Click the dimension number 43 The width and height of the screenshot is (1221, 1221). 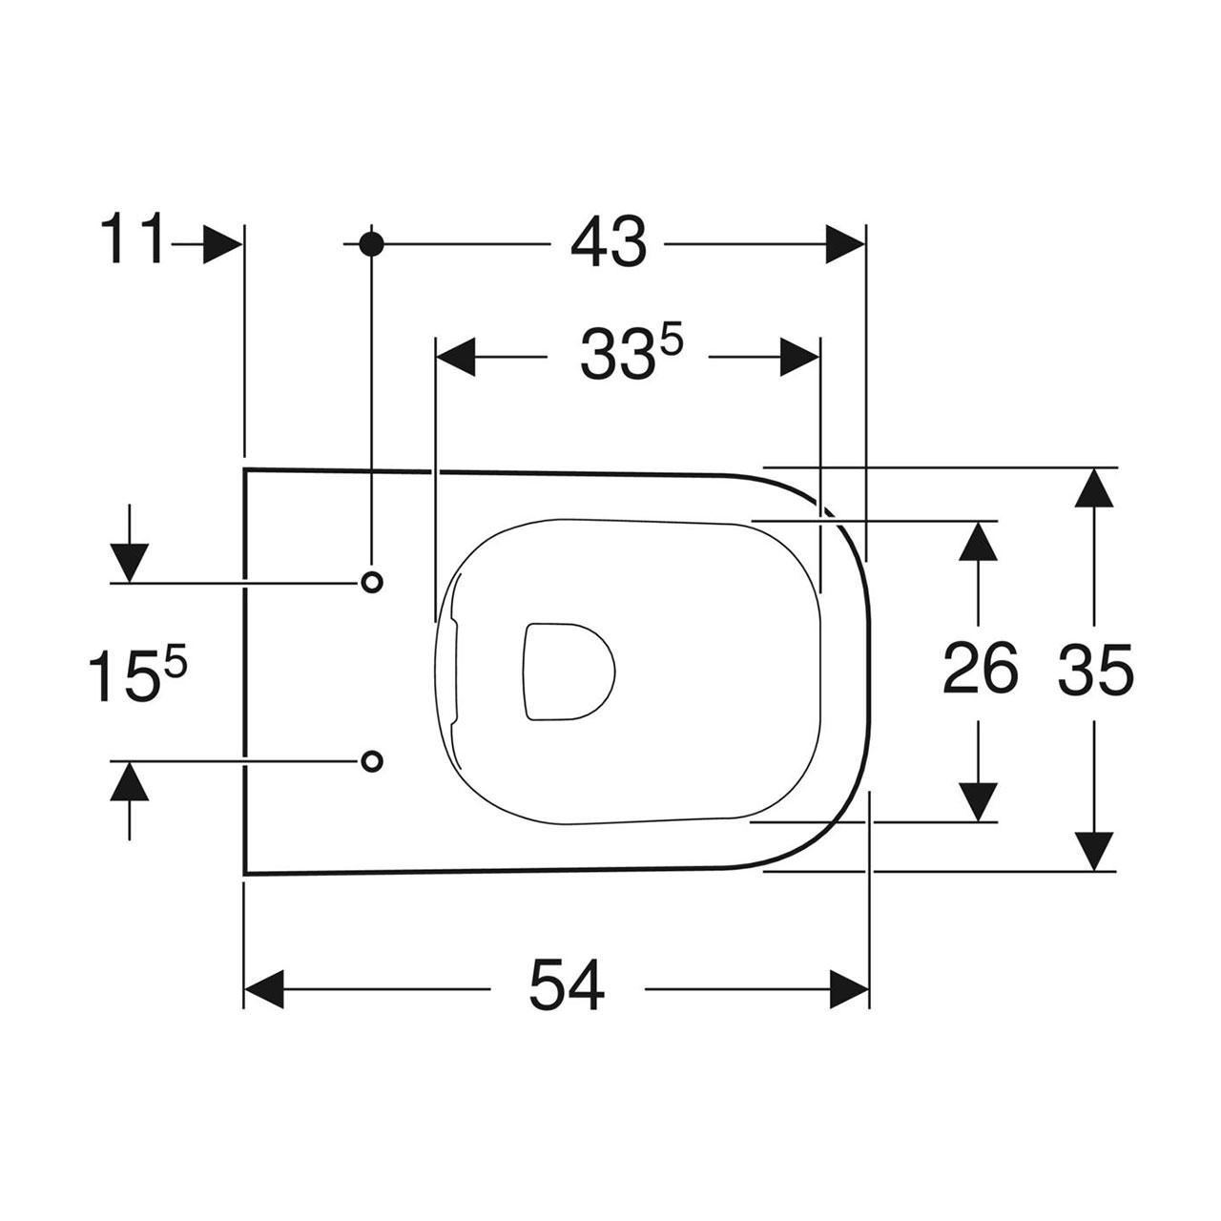click(x=609, y=243)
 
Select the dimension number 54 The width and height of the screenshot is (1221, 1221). click(x=567, y=988)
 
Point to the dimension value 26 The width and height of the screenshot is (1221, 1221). click(x=980, y=666)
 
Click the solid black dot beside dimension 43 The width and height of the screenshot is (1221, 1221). click(x=371, y=243)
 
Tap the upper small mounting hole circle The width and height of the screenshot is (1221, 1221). click(x=371, y=582)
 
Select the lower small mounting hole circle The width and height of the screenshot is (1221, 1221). click(x=371, y=760)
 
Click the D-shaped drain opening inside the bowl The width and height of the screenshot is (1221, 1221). click(x=569, y=672)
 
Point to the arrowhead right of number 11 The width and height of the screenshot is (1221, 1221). click(x=221, y=244)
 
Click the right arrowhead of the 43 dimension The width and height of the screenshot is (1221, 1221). click(x=845, y=243)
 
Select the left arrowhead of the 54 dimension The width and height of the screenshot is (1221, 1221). click(x=263, y=988)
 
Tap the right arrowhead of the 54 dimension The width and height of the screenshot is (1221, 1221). click(x=849, y=988)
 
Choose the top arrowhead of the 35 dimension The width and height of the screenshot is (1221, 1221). click(x=1094, y=487)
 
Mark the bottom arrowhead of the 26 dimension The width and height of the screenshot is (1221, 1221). click(x=979, y=802)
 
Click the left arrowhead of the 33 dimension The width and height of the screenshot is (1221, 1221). click(x=456, y=357)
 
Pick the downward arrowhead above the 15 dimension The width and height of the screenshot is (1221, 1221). click(x=130, y=563)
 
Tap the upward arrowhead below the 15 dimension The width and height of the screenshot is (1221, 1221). click(x=130, y=780)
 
